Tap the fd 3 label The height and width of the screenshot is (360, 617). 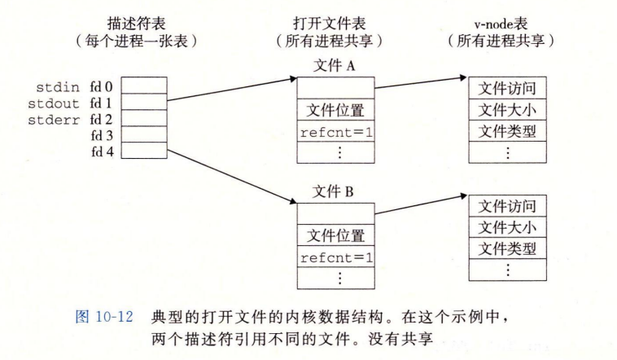click(x=103, y=135)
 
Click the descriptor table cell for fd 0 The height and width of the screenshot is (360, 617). click(x=146, y=86)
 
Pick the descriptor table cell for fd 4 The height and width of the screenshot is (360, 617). click(x=146, y=151)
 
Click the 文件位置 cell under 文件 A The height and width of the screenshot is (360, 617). click(x=335, y=109)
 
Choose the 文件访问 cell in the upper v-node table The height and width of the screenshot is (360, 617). click(x=507, y=88)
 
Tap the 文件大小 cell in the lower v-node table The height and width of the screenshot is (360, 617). click(x=507, y=226)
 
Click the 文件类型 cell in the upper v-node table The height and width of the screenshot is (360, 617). click(x=507, y=130)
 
